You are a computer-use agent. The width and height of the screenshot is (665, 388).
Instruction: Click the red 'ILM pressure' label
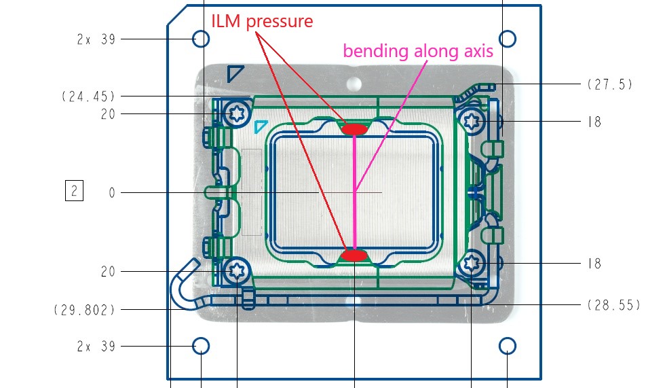(x=262, y=21)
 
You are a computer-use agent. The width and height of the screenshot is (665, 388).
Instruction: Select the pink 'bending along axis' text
(x=417, y=50)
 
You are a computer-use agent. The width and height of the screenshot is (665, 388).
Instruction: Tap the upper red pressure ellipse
(x=354, y=129)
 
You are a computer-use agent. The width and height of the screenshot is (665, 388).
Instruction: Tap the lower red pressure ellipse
(x=354, y=255)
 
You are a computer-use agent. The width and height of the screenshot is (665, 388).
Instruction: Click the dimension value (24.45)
(x=88, y=96)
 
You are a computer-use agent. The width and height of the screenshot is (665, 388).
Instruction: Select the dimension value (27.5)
(x=609, y=84)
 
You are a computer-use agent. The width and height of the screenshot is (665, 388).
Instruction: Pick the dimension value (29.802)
(x=84, y=310)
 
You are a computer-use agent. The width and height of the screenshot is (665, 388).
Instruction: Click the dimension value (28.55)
(x=613, y=305)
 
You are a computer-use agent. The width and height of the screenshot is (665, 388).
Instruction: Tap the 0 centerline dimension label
(x=112, y=193)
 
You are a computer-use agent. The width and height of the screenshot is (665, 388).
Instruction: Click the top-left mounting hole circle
(x=201, y=39)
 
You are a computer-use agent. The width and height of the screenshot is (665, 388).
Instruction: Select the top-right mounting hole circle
(x=508, y=39)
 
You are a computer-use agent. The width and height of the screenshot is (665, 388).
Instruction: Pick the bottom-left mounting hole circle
(x=201, y=346)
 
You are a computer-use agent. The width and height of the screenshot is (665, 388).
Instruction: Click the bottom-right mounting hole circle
(x=508, y=347)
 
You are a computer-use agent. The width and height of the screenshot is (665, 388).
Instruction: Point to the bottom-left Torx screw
(x=237, y=271)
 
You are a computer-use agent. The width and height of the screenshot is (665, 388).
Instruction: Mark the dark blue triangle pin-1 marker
(x=234, y=73)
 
